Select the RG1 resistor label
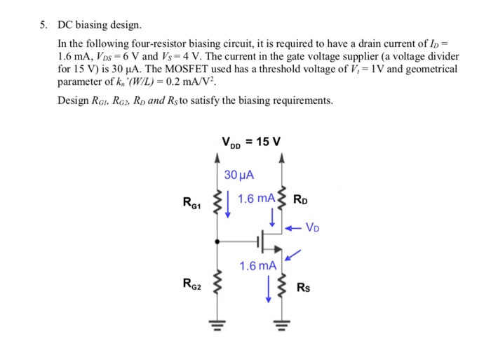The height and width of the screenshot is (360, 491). (x=191, y=204)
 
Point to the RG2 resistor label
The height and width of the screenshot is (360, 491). (x=191, y=284)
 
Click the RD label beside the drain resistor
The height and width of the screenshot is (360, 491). (x=302, y=199)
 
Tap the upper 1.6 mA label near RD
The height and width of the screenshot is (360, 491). (x=256, y=199)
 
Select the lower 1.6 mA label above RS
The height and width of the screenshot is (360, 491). (x=257, y=266)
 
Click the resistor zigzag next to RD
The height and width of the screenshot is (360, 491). (x=282, y=200)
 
